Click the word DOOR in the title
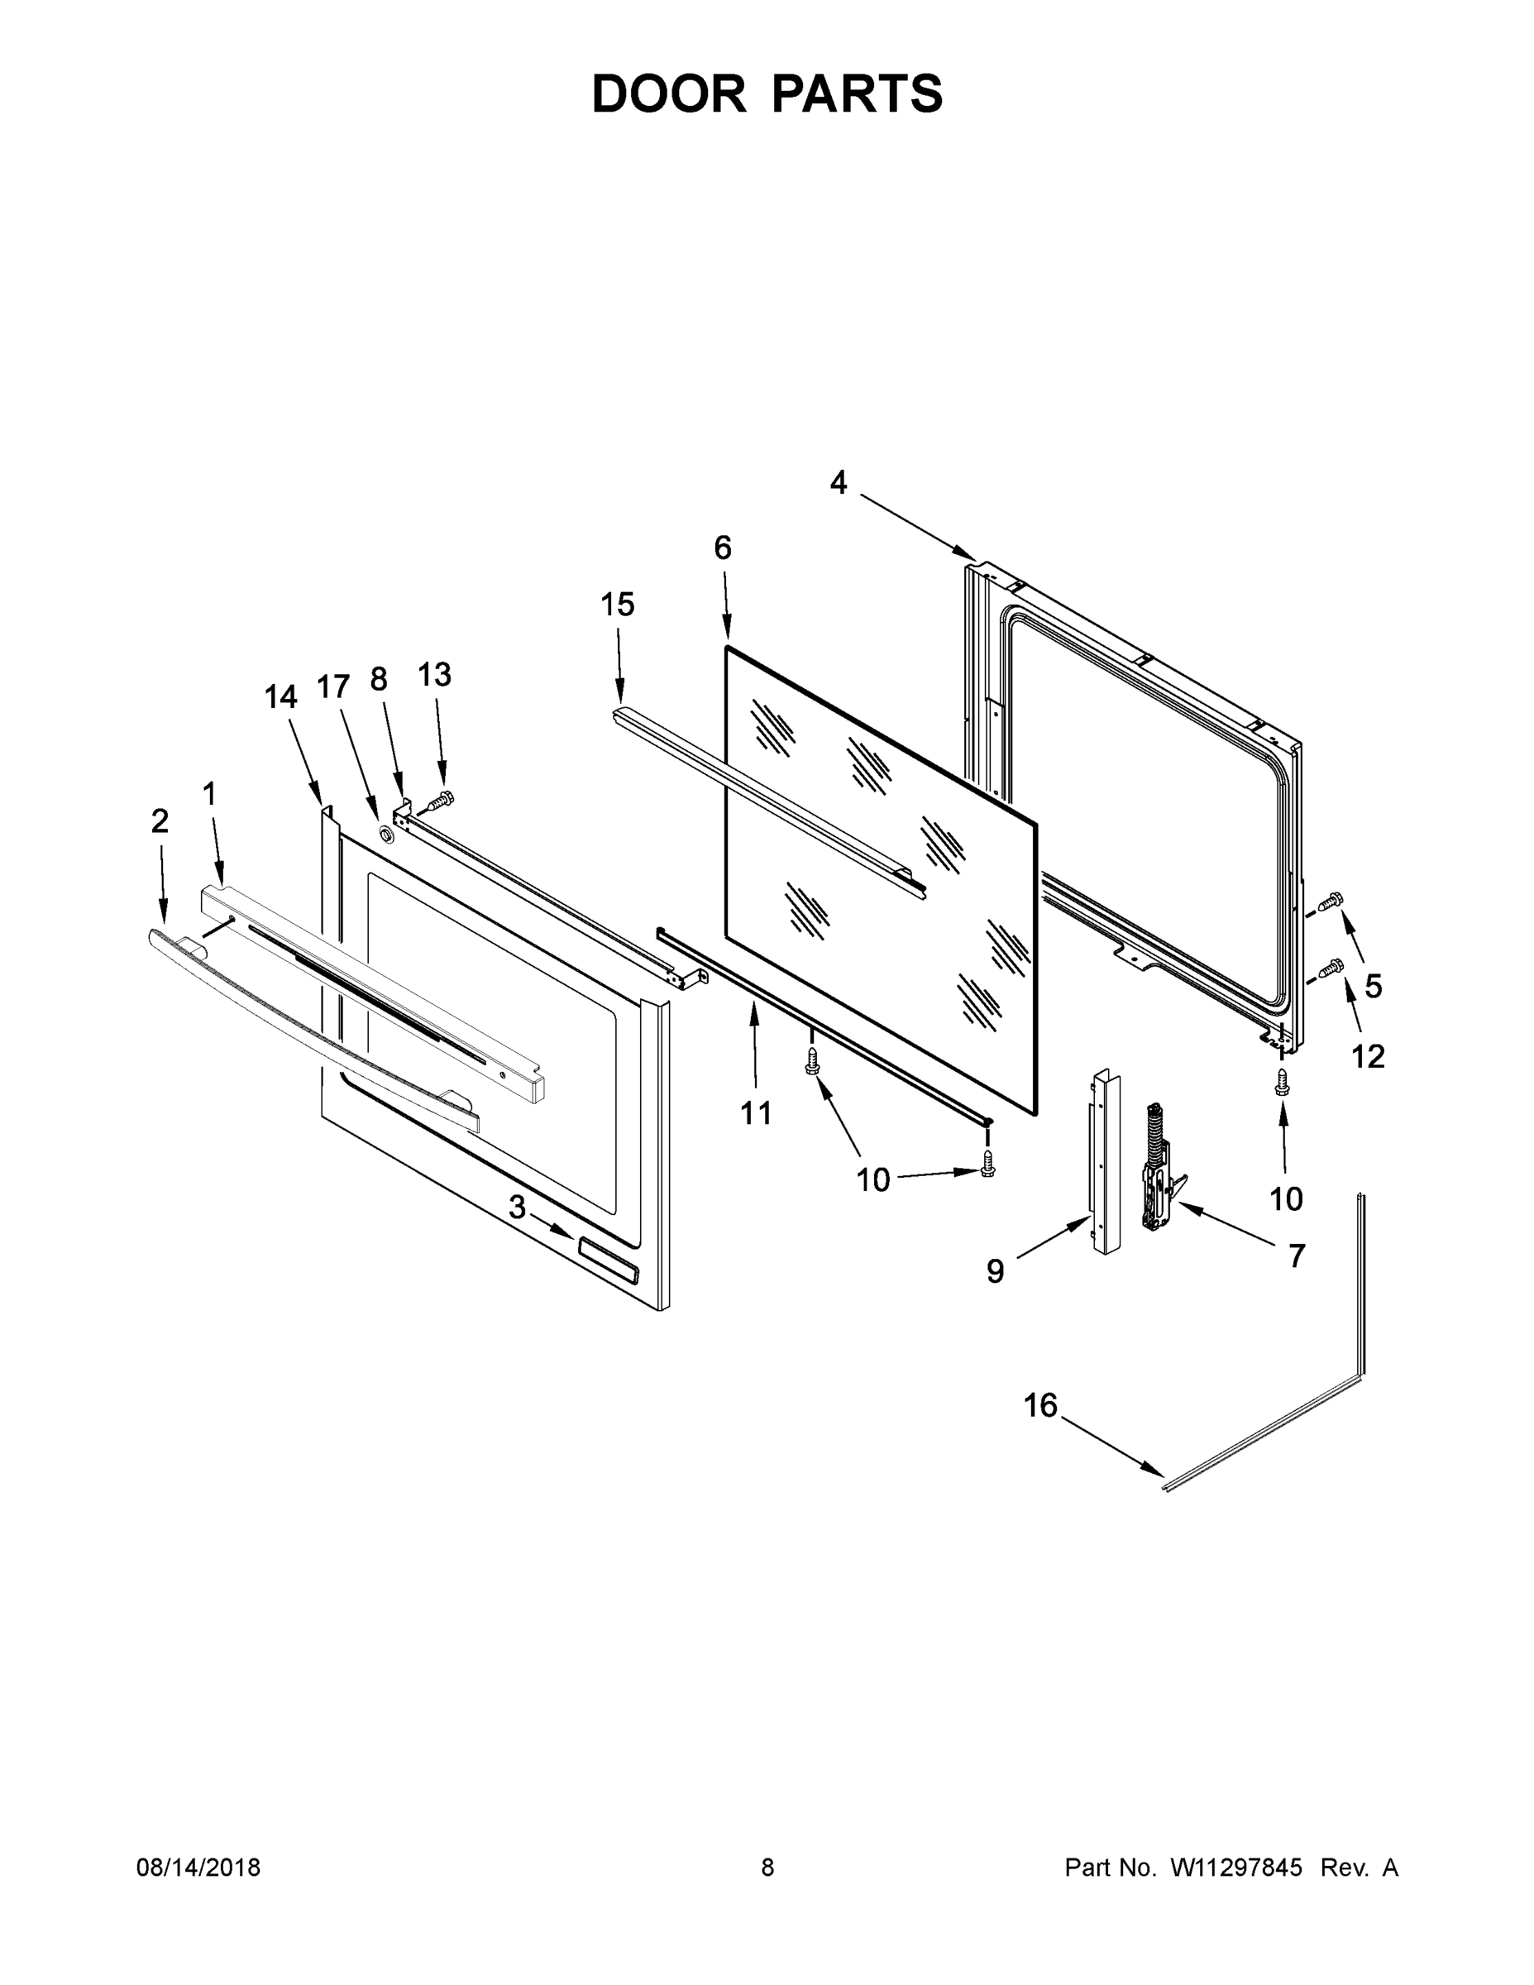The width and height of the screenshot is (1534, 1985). (669, 93)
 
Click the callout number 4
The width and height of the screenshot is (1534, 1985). (838, 483)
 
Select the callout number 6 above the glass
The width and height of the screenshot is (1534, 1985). (723, 548)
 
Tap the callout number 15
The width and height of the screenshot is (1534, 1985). (618, 605)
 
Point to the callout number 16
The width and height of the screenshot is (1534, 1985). (1040, 1405)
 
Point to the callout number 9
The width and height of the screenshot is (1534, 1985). (995, 1270)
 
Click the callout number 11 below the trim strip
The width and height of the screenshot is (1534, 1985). (756, 1112)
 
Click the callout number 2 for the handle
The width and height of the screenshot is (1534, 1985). (160, 820)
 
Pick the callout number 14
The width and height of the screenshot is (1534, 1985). (281, 697)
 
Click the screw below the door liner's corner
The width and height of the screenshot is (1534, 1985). (1283, 1082)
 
